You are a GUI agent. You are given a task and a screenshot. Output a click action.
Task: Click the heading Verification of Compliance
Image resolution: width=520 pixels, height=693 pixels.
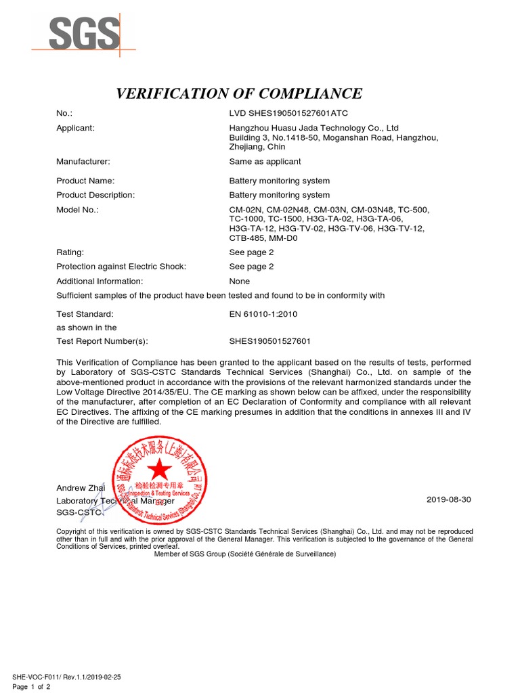239,93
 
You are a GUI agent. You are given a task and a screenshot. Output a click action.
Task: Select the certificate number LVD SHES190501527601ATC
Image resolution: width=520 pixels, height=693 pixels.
288,113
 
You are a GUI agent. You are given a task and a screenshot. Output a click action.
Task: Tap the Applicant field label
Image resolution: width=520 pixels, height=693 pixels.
75,128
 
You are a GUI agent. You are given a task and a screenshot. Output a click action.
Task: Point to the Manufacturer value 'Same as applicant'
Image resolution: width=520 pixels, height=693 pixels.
265,162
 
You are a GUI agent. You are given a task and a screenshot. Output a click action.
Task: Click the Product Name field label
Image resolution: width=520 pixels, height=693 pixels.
85,181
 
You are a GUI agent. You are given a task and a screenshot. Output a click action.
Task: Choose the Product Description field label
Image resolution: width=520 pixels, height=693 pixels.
95,195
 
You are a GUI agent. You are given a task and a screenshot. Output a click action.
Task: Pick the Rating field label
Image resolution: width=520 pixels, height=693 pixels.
70,252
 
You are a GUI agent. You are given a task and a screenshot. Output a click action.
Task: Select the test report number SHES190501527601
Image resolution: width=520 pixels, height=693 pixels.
270,342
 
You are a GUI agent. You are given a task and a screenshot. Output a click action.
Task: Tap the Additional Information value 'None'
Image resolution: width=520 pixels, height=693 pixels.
240,281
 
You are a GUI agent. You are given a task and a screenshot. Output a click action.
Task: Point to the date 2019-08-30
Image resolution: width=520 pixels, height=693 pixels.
448,499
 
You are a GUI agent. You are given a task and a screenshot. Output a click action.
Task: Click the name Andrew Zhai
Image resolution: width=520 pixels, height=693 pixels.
81,488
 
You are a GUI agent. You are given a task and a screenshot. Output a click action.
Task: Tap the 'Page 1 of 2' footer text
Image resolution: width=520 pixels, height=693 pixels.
31,688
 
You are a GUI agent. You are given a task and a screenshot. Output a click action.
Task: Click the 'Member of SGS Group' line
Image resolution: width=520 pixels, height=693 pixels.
244,554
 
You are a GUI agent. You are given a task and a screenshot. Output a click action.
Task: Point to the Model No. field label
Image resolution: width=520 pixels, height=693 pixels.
77,210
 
